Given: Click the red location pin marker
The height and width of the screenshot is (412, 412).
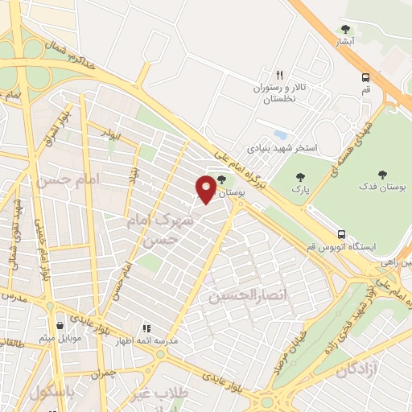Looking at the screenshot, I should pyautogui.click(x=206, y=188).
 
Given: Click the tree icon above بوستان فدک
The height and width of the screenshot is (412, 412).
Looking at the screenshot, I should pyautogui.click(x=381, y=173).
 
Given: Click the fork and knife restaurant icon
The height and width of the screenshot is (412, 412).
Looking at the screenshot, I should pyautogui.click(x=280, y=73).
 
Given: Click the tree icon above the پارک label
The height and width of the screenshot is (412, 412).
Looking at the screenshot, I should pyautogui.click(x=300, y=176).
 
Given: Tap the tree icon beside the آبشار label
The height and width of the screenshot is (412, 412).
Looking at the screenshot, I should pyautogui.click(x=345, y=31).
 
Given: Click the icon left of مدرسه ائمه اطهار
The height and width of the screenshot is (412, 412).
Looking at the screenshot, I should pyautogui.click(x=146, y=329).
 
